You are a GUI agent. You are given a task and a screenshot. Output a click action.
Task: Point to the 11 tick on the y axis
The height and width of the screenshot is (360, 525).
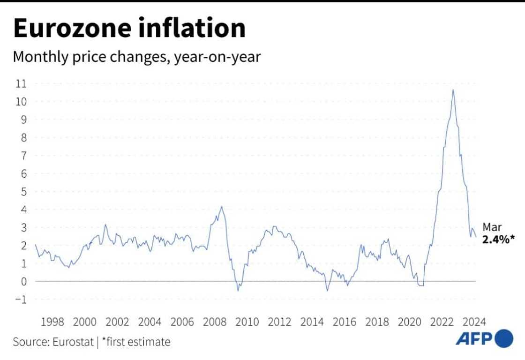pos(22,83)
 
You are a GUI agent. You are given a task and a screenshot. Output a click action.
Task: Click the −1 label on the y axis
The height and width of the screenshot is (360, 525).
pos(20,300)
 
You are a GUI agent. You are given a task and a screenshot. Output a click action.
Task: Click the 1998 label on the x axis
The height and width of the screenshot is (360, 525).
pos(52,322)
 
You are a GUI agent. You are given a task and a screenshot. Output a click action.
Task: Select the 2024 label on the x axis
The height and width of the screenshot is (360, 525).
pos(474,322)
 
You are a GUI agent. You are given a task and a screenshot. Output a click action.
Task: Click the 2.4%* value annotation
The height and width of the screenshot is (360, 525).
pos(499,239)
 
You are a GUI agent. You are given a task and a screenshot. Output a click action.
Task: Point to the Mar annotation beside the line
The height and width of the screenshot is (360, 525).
pos(492,227)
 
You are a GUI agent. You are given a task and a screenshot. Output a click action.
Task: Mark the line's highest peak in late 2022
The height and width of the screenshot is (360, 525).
pos(453,90)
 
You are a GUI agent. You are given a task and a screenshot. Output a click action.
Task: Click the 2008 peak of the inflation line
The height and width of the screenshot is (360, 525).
pos(222,207)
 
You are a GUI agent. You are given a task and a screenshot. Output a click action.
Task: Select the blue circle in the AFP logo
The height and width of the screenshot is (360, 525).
pos(504,338)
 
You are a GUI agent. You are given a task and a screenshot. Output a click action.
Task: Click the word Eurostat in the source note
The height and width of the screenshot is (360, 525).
pos(72,342)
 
